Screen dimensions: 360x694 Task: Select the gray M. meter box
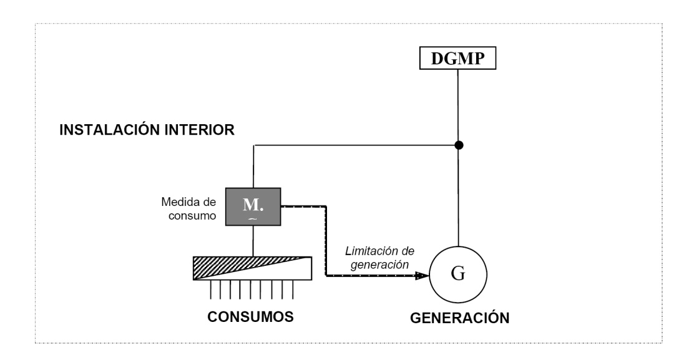(253, 206)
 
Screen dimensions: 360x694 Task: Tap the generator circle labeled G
(458, 275)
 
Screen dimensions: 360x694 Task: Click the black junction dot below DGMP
(459, 145)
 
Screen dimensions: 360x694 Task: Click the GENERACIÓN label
(460, 318)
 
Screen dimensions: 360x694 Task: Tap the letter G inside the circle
(458, 275)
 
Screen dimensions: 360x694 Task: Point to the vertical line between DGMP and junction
(459, 106)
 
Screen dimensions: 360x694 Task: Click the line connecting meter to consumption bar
(253, 240)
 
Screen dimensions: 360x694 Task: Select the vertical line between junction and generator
(459, 200)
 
